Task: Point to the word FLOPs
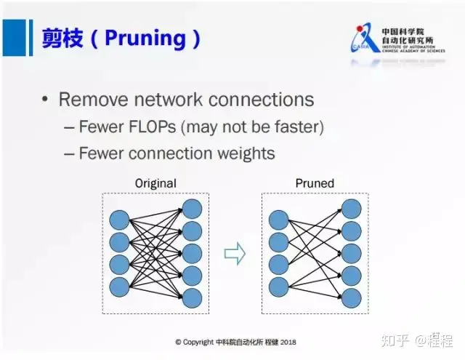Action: coord(150,127)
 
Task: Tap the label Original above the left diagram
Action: coord(155,183)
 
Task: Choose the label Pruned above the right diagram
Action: coord(315,183)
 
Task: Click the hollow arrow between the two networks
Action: coord(235,252)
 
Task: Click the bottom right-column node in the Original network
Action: coord(192,297)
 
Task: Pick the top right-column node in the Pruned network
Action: coord(351,209)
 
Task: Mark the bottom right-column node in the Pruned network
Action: coord(351,297)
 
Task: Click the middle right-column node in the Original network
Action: coord(192,252)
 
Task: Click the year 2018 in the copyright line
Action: coord(288,341)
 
